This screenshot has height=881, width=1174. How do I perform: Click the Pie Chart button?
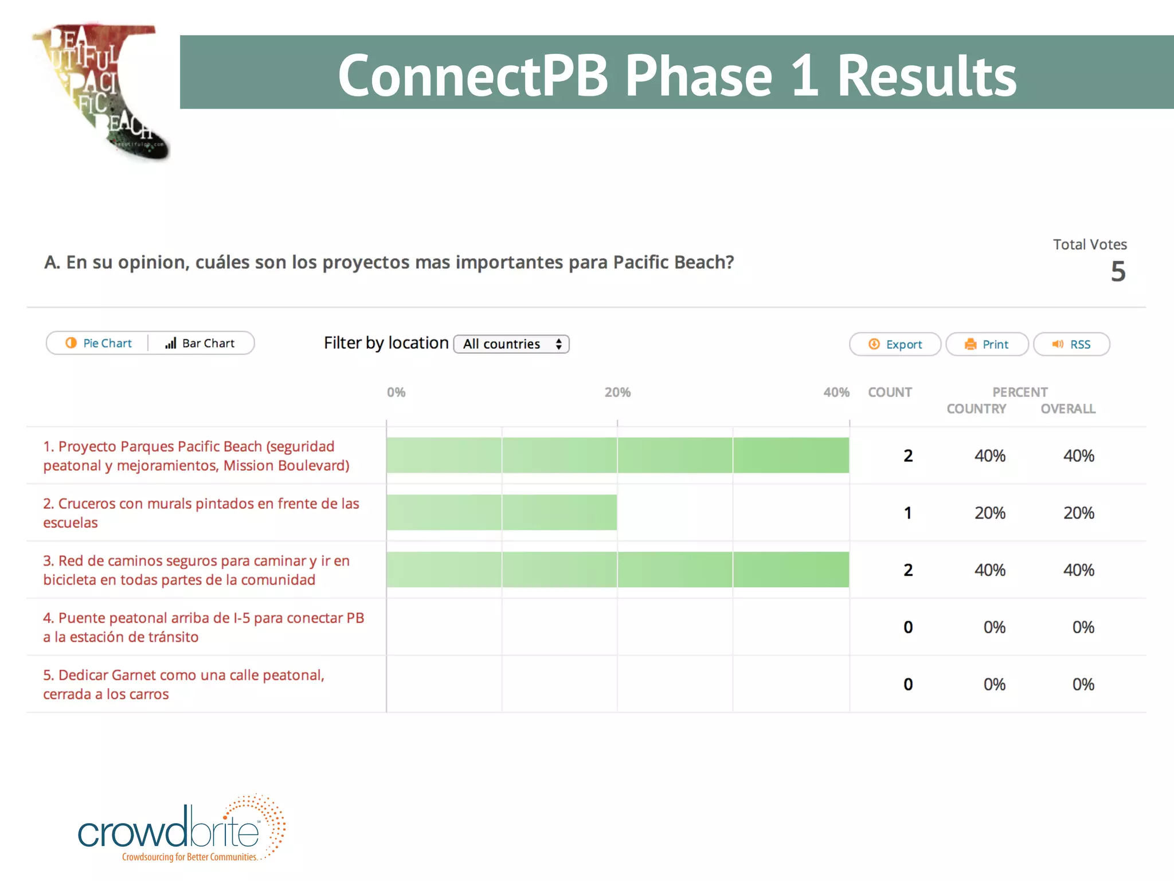pyautogui.click(x=99, y=343)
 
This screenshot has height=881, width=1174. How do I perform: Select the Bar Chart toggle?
pyautogui.click(x=201, y=343)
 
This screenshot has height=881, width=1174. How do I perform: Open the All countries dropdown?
pyautogui.click(x=511, y=344)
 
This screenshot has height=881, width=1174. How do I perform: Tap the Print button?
pyautogui.click(x=987, y=344)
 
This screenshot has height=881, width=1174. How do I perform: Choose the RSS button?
pyautogui.click(x=1071, y=344)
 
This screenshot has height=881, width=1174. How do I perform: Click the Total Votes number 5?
pyautogui.click(x=1118, y=271)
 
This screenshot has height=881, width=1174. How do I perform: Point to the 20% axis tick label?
pyautogui.click(x=617, y=392)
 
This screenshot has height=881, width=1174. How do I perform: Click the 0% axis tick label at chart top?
pyautogui.click(x=396, y=392)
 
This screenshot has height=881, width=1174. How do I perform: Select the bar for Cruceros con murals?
pyautogui.click(x=502, y=512)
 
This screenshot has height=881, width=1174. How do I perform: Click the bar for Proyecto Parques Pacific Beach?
pyautogui.click(x=617, y=455)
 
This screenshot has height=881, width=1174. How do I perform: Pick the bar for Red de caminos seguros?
pyautogui.click(x=617, y=570)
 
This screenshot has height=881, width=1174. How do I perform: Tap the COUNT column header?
pyautogui.click(x=890, y=392)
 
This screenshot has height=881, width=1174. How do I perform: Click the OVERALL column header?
pyautogui.click(x=1068, y=409)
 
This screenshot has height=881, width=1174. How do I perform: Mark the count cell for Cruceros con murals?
pyautogui.click(x=908, y=513)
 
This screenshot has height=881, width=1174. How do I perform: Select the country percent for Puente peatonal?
pyautogui.click(x=994, y=627)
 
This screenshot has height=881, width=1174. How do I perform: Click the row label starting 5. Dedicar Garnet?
pyautogui.click(x=183, y=684)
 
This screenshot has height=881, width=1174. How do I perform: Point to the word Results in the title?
pyautogui.click(x=926, y=75)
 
